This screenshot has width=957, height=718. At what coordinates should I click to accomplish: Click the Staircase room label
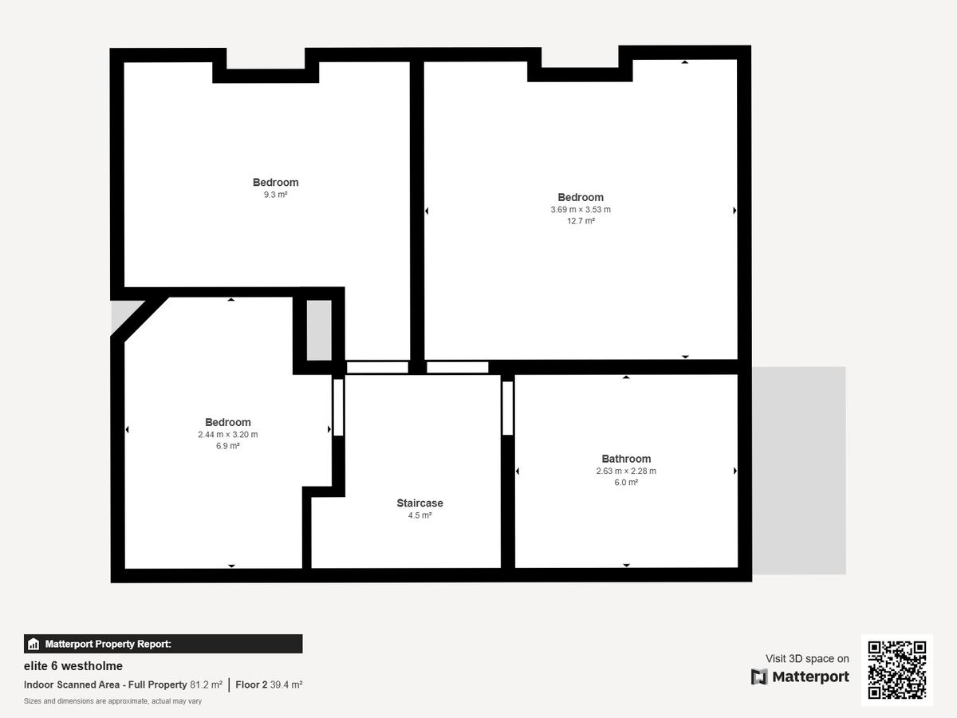tap(419, 503)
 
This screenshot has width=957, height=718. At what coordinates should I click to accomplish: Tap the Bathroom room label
tap(626, 459)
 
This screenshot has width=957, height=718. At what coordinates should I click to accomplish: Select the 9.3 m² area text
tap(276, 195)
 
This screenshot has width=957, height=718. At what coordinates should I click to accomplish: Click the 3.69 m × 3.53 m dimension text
tap(581, 209)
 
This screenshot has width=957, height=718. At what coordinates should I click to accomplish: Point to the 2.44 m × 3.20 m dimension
tap(227, 434)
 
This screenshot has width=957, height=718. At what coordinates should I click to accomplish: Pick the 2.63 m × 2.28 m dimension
tap(626, 471)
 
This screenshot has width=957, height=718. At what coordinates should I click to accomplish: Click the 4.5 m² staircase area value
tap(419, 515)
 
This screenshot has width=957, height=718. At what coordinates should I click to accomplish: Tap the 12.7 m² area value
tap(581, 221)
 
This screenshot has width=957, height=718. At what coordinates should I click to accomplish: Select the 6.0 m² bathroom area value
tap(626, 482)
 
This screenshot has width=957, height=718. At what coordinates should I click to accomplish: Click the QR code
tap(897, 670)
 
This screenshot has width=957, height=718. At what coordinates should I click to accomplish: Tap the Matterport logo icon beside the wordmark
tap(759, 677)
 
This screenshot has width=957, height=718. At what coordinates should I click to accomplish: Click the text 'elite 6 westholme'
tap(73, 665)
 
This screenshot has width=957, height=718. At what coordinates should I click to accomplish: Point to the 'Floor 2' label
tap(251, 684)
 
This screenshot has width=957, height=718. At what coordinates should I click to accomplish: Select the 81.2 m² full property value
tap(206, 684)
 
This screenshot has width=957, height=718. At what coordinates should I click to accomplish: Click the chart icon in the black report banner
tap(33, 644)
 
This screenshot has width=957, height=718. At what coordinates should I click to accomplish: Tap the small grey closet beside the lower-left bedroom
tap(319, 330)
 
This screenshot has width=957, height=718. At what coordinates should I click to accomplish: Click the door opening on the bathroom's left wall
tap(507, 408)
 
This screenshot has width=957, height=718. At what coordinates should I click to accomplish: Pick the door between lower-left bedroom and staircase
tap(338, 407)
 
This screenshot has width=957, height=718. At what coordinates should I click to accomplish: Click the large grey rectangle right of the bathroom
tap(799, 471)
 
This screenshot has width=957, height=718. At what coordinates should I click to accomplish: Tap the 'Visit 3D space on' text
tap(807, 658)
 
